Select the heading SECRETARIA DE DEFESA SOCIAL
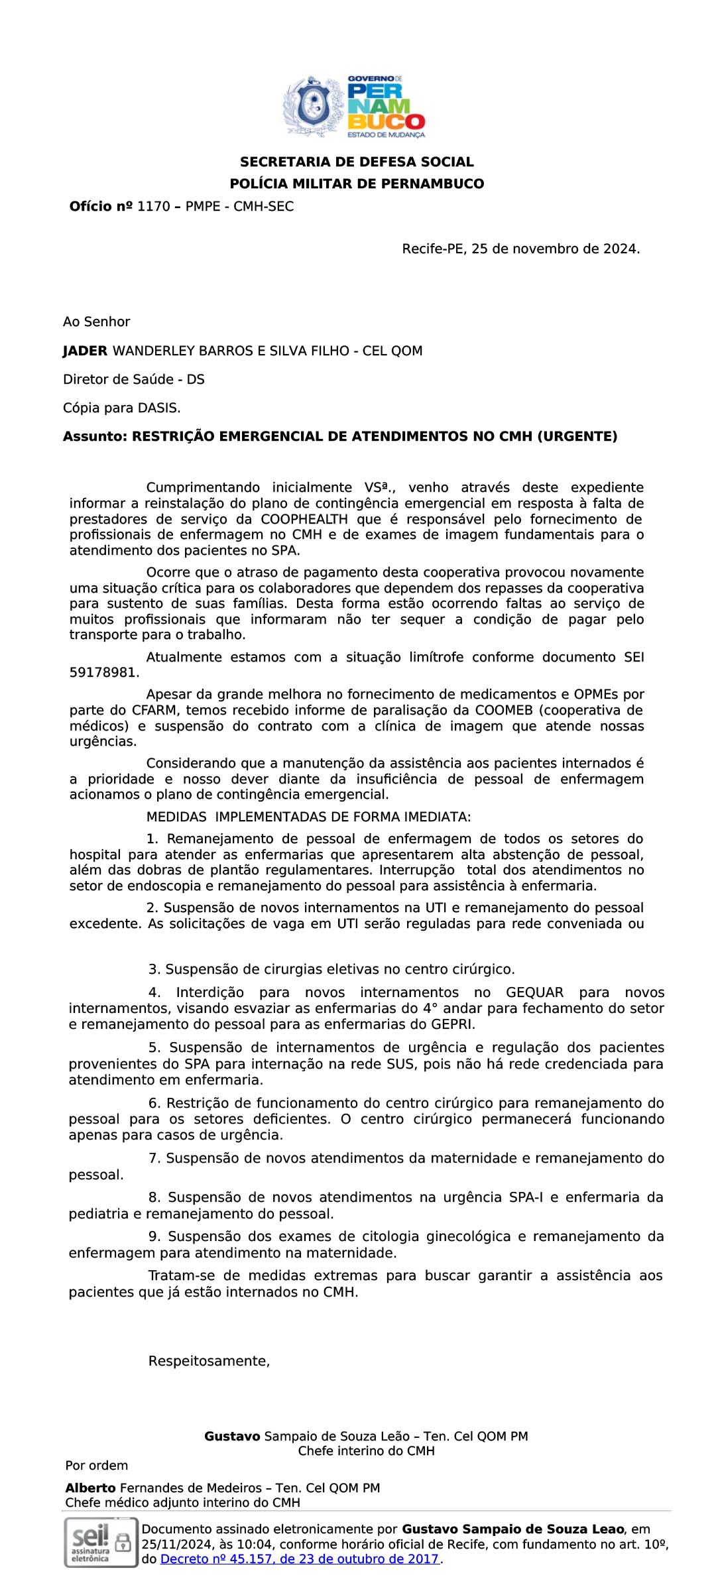tap(357, 162)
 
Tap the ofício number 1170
tap(153, 207)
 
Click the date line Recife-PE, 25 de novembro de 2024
tap(520, 249)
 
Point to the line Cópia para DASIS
tap(122, 408)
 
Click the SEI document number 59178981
tap(104, 673)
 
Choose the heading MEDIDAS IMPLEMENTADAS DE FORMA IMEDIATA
tap(308, 817)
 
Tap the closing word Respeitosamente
tap(209, 1361)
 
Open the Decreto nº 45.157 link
tap(300, 1559)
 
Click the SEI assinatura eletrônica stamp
tap(101, 1542)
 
